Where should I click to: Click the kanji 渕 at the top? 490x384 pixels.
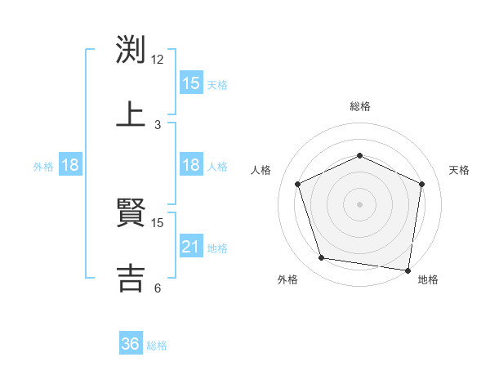131,50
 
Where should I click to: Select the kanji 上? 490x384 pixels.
131,114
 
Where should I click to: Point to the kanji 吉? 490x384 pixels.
131,276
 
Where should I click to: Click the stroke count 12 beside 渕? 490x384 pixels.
158,60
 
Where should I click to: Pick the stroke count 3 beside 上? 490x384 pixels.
158,124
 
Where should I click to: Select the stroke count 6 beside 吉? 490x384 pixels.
158,288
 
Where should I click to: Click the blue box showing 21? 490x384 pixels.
190,247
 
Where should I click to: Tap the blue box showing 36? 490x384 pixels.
131,344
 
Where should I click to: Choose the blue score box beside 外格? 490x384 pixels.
70,165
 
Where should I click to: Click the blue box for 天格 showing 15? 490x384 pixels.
190,83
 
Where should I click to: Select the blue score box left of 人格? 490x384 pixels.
190,165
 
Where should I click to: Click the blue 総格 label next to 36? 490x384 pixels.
157,346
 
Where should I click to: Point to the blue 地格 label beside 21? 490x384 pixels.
217,248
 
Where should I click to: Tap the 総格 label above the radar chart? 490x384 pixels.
360,106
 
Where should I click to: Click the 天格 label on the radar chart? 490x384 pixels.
459,170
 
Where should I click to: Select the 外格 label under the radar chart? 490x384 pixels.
287,279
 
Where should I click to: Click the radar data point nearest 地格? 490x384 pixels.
408,270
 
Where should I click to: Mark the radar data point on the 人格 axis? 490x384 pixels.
298,184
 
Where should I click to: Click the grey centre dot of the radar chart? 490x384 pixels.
360,203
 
